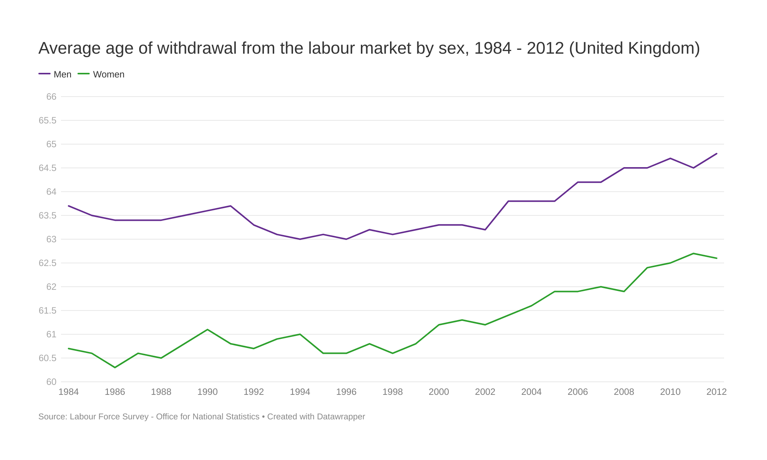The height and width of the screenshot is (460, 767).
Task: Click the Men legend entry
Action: (x=55, y=74)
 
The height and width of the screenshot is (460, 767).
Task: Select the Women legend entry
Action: (x=101, y=74)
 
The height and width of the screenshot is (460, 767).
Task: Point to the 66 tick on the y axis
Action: (x=51, y=97)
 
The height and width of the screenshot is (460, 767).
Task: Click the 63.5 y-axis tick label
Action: (x=48, y=215)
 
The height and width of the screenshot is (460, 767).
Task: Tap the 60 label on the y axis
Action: (x=51, y=382)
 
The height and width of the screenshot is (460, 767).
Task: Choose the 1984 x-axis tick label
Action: (x=69, y=392)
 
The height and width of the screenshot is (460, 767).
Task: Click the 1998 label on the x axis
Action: (x=393, y=392)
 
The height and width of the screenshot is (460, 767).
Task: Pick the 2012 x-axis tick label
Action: (x=716, y=392)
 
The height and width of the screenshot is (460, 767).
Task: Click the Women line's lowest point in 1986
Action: (x=115, y=368)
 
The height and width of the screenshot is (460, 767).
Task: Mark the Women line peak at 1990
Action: (x=207, y=330)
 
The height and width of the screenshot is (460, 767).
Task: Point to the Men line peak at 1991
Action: (x=230, y=206)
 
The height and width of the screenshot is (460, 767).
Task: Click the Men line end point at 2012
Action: (x=716, y=154)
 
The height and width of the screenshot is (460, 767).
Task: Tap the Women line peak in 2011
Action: (x=693, y=253)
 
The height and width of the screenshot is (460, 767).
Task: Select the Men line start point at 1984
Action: (x=69, y=206)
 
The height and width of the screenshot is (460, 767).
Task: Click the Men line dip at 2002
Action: (x=485, y=230)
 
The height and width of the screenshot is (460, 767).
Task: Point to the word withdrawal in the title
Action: (x=197, y=48)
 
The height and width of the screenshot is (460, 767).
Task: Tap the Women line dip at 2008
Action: (x=624, y=291)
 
